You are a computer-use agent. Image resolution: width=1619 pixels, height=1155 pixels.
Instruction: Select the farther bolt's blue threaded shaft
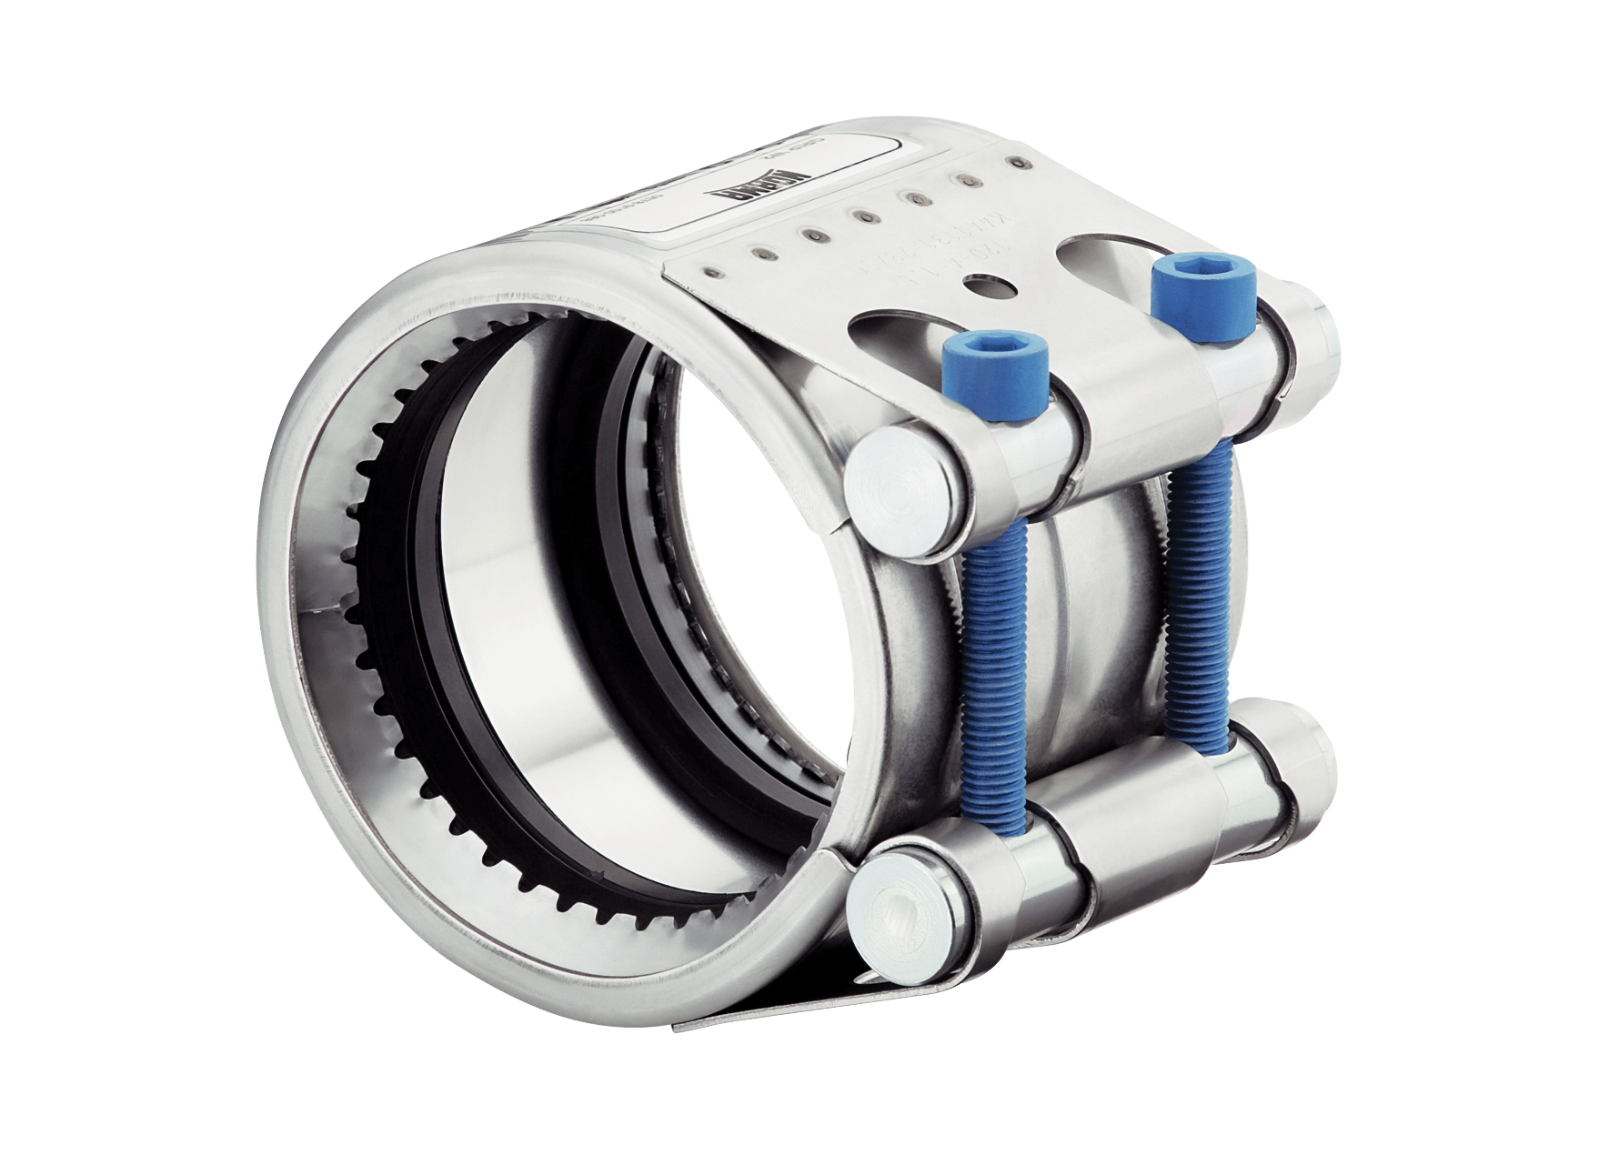[x=1199, y=582]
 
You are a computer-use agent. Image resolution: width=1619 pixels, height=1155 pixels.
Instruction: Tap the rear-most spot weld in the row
[x=1012, y=163]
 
